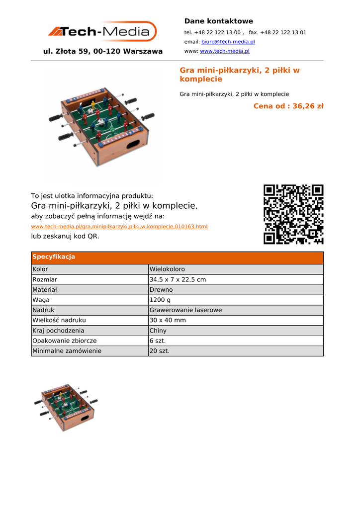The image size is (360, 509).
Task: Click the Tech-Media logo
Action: [102, 31]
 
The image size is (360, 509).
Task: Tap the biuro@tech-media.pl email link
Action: [228, 42]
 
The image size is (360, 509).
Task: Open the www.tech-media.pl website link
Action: [224, 51]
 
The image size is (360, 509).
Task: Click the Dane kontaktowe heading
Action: [218, 21]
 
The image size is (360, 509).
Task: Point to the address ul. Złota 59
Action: [103, 51]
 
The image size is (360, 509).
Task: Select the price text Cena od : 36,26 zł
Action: [288, 106]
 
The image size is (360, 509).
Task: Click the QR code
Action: [293, 214]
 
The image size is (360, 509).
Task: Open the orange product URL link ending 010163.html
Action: [119, 226]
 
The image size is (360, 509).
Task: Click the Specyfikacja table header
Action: [54, 257]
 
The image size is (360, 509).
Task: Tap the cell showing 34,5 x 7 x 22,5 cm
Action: [178, 279]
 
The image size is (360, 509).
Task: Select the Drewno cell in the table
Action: [161, 289]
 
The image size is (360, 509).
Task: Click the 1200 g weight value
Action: [160, 300]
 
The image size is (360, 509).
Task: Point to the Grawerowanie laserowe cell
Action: [185, 310]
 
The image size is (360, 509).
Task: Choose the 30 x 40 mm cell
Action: [168, 320]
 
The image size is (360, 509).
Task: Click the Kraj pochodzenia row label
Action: [58, 331]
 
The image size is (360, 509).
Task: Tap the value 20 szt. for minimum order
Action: [160, 351]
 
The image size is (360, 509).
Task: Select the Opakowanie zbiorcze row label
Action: [65, 340]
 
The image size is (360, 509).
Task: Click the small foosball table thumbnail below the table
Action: [66, 407]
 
